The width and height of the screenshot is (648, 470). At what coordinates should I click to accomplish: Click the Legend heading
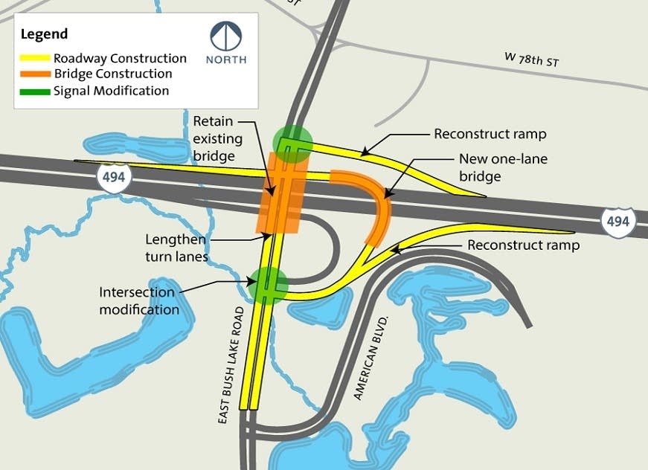click(44, 34)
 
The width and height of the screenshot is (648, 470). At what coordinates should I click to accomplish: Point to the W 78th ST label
click(530, 59)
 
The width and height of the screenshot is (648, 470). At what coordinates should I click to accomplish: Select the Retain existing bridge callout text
click(214, 138)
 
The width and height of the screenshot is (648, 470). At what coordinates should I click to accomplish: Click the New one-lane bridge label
click(490, 167)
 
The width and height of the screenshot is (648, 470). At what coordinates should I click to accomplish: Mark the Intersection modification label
click(139, 300)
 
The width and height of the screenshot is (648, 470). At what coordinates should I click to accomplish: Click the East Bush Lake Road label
click(231, 364)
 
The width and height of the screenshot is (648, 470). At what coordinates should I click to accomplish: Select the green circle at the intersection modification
click(268, 285)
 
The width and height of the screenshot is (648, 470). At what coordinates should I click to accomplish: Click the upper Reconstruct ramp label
click(490, 135)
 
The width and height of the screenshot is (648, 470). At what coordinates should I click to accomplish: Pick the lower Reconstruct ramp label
click(523, 245)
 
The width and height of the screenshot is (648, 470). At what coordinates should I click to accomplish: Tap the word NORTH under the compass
click(225, 59)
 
